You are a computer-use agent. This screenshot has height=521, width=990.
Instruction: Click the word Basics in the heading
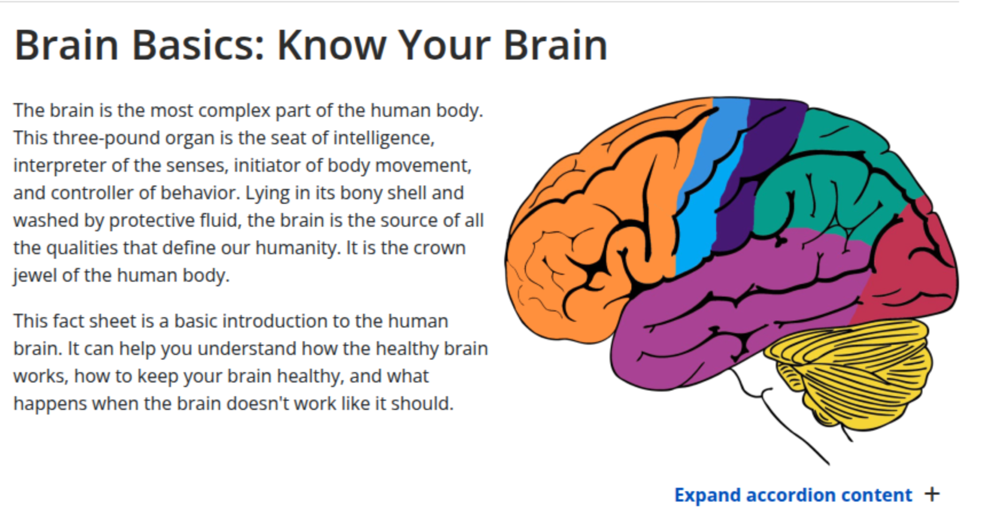[198, 45]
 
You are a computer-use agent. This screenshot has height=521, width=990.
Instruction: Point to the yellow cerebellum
[854, 372]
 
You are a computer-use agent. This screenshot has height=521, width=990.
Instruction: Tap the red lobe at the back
[911, 263]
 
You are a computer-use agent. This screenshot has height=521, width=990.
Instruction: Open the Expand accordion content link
[793, 495]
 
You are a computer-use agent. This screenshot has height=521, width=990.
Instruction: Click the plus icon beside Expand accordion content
[932, 494]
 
